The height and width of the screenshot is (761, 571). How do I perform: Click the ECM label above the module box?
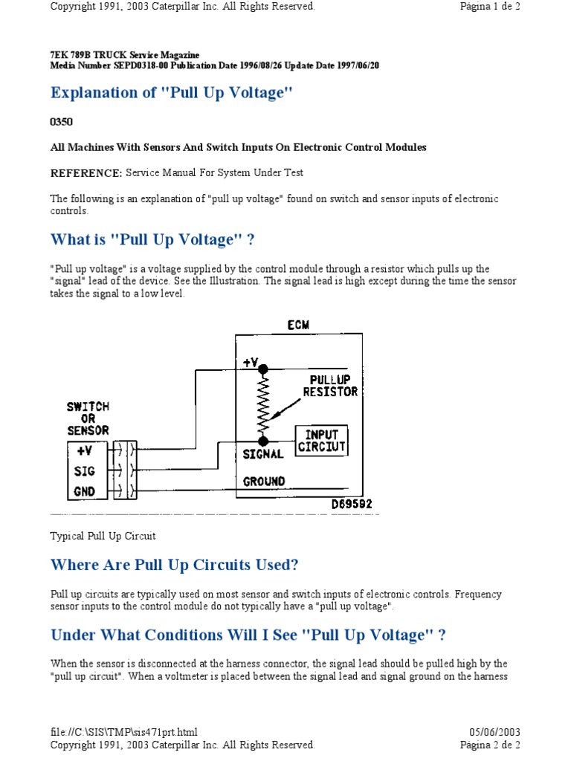299,325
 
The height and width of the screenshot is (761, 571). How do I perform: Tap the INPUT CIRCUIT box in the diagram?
321,441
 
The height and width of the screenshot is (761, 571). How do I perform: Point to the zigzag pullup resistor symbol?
262,405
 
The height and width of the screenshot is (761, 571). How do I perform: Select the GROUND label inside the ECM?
264,481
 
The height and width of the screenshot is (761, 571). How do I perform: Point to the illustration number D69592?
352,505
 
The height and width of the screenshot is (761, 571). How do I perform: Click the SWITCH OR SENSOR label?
88,418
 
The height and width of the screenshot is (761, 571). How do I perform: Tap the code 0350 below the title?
62,120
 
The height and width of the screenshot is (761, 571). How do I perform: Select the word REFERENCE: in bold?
86,172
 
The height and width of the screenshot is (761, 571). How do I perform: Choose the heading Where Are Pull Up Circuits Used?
174,565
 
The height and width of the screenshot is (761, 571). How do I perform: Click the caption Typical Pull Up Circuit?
103,535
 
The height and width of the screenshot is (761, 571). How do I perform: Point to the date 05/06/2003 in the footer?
495,732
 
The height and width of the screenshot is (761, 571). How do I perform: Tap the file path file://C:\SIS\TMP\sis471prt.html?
124,732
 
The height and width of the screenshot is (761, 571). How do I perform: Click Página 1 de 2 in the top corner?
490,7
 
